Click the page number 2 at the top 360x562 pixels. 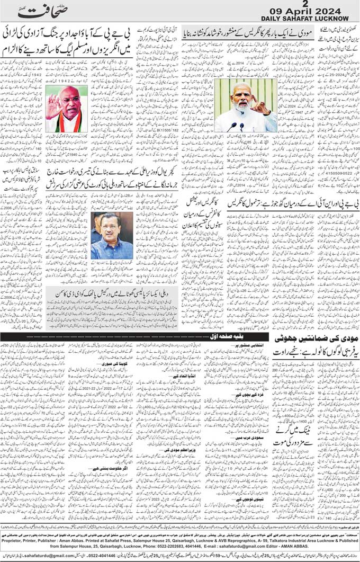tap(313, 4)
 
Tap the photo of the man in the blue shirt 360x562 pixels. tap(111, 236)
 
